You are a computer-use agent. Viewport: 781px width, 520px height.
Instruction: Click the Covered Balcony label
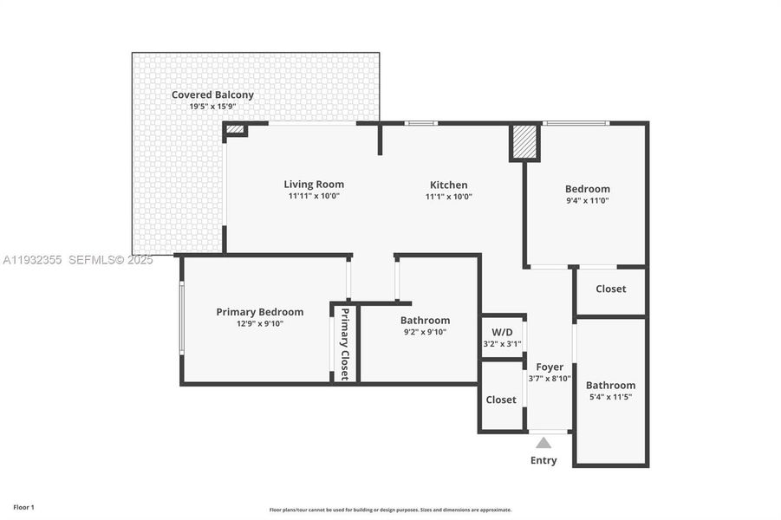click(212, 95)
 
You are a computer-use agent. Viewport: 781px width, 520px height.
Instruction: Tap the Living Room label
click(314, 185)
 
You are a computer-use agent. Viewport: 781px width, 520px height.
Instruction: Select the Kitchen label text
click(449, 185)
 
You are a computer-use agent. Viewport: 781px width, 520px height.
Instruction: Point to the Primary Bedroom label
click(260, 312)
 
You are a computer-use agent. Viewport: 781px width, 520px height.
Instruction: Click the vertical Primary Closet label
click(344, 344)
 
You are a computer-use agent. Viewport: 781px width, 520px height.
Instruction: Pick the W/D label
click(502, 332)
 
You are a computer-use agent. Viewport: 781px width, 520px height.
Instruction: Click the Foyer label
click(550, 367)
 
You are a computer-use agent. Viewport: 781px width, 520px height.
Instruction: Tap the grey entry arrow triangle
click(543, 443)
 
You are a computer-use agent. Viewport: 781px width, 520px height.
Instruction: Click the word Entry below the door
click(543, 460)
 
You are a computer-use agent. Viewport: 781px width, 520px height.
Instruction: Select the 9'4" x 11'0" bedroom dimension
click(588, 200)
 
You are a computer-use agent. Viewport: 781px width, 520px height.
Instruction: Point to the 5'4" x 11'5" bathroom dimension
click(610, 397)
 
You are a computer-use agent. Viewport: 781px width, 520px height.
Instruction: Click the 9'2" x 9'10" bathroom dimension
click(425, 331)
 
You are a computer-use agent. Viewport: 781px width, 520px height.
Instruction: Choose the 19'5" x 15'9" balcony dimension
click(212, 107)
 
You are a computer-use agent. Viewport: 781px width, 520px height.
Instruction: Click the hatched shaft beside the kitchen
click(524, 142)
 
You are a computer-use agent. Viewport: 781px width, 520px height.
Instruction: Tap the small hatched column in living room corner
click(234, 130)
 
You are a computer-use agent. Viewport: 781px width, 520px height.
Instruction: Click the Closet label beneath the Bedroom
click(610, 289)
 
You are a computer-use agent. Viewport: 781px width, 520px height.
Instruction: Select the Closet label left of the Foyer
click(501, 400)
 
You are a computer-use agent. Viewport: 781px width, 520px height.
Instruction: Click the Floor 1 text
click(23, 507)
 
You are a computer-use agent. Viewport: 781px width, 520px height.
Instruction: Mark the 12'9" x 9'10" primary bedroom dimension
click(260, 323)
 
